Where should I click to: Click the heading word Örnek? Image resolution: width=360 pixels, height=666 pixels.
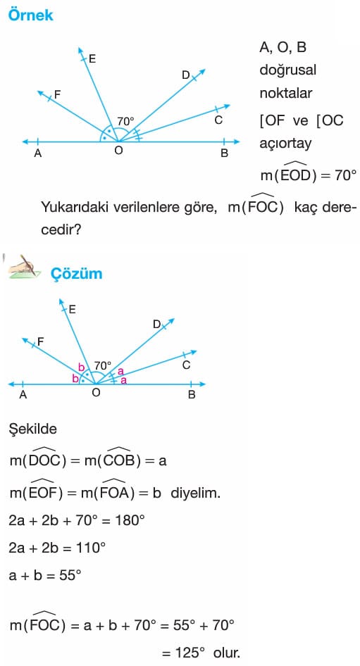tap(30, 15)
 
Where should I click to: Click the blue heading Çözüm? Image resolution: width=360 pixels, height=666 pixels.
tap(77, 273)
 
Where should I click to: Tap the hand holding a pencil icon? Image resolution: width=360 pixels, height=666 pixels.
tap(24, 267)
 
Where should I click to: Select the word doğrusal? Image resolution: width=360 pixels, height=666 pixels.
tap(287, 70)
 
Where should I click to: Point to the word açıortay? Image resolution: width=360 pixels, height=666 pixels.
tap(285, 144)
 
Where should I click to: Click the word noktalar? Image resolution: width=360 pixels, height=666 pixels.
tap(286, 93)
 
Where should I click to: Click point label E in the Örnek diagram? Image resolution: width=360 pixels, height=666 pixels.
tap(92, 59)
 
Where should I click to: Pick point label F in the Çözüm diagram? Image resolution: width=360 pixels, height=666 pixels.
tap(41, 341)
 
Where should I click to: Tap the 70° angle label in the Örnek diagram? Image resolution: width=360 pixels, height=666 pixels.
tap(126, 122)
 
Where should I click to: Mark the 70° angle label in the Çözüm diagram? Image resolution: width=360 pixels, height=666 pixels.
tap(102, 365)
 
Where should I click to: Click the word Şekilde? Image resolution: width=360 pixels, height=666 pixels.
tap(33, 429)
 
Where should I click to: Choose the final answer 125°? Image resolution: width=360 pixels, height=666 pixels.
tap(190, 653)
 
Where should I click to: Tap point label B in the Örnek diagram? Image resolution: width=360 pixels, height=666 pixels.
tap(224, 153)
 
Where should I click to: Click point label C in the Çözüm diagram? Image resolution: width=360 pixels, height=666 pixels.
tap(186, 365)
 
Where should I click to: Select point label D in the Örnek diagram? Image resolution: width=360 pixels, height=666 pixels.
tap(186, 75)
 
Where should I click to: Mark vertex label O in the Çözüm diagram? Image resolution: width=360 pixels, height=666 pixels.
tap(96, 392)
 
